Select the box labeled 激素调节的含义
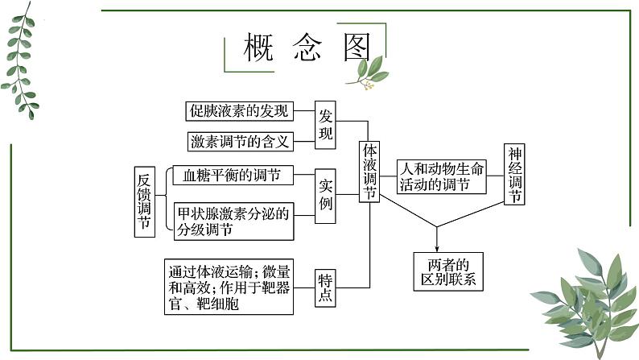[239, 141]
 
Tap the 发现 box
[325, 125]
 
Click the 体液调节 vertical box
[369, 172]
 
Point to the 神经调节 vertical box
[515, 175]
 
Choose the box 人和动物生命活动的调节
[443, 176]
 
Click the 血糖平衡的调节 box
[232, 175]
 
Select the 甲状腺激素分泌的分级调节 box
[233, 220]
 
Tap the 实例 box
[325, 193]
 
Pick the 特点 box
[325, 288]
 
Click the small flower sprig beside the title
[367, 73]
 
